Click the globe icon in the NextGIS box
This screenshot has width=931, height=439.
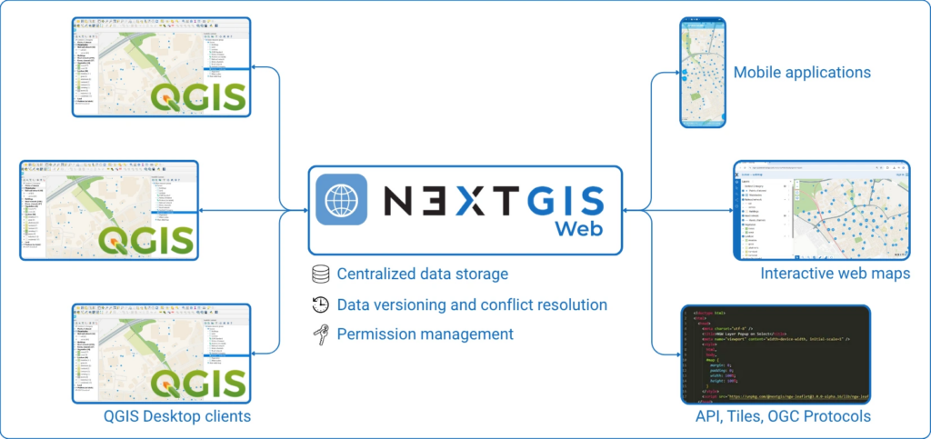tap(342, 200)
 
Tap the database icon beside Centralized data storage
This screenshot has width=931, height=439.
tap(319, 274)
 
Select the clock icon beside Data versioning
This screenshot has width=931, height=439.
tap(319, 304)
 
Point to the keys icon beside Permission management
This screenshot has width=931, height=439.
tap(319, 334)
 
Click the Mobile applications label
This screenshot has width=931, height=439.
tap(802, 72)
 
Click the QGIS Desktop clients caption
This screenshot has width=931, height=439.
tap(177, 416)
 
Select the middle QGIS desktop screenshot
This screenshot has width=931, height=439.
tap(109, 210)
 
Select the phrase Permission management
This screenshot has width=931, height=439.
tap(425, 334)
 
